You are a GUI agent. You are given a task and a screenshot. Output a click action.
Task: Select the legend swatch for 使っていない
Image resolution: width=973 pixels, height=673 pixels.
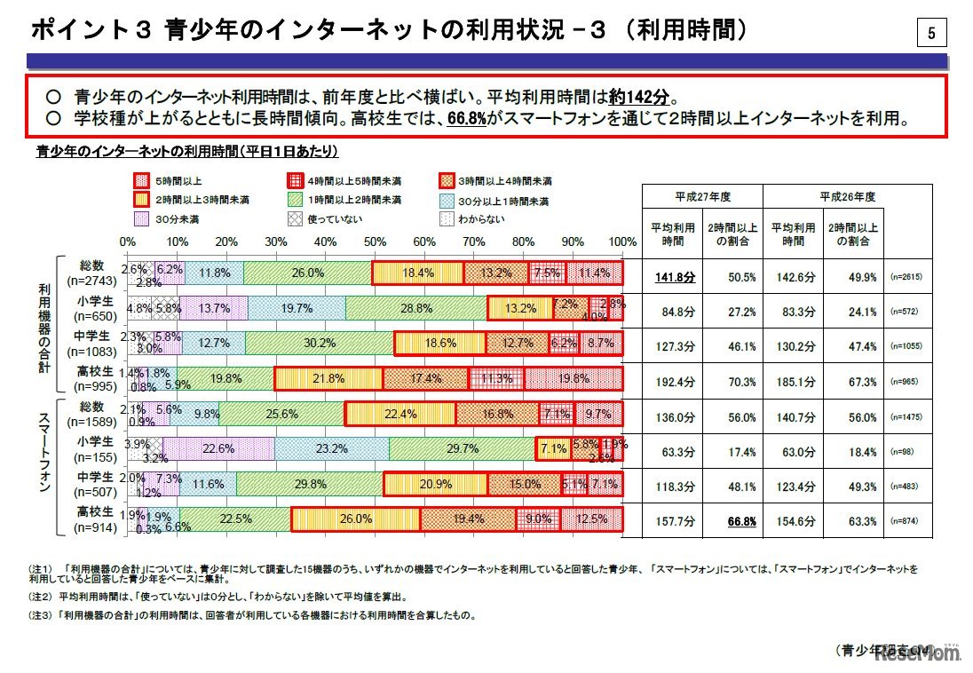(x=295, y=219)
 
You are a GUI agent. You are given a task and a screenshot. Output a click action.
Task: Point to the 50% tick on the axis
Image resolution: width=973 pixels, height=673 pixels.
(x=376, y=241)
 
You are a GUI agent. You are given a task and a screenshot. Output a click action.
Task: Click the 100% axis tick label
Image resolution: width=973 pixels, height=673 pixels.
(x=622, y=241)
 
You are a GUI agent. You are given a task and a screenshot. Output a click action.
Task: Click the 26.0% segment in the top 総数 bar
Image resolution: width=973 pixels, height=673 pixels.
(x=307, y=273)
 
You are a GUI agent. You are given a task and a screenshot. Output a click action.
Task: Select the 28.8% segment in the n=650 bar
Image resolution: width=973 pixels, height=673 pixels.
(x=415, y=308)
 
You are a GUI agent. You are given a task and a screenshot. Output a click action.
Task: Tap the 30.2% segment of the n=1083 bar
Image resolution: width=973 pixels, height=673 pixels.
(x=319, y=343)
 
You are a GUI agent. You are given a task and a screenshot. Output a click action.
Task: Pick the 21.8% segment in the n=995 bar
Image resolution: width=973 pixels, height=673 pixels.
(x=328, y=378)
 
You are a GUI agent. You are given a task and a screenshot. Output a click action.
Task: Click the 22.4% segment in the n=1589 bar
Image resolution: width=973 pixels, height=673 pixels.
(x=401, y=414)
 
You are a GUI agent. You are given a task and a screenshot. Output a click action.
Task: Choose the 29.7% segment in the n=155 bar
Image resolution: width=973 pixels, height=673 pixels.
(x=462, y=448)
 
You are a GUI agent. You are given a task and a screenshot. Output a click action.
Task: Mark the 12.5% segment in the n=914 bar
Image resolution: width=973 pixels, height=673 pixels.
(x=591, y=519)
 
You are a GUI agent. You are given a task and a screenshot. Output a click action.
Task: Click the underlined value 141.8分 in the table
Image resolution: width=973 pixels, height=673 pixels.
(x=675, y=278)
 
